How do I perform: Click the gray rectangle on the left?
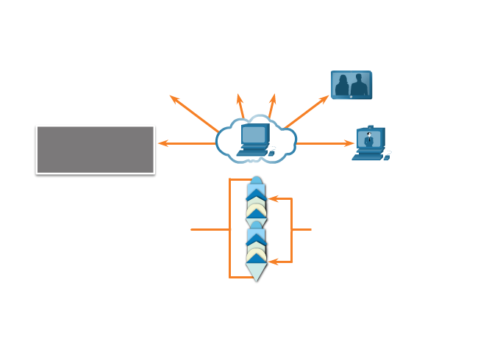[95, 149]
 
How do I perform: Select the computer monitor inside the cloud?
[254, 134]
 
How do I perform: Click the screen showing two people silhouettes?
[351, 84]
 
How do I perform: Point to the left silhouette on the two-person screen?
[343, 86]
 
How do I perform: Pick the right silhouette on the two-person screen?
[359, 86]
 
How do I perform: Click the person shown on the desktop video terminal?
[368, 139]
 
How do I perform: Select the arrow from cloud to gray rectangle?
[187, 143]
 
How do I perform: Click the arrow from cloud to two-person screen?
[307, 112]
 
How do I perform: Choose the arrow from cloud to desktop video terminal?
[325, 143]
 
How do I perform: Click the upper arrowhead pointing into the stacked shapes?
[271, 198]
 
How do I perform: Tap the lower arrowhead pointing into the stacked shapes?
[271, 262]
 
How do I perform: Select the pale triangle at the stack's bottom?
[256, 273]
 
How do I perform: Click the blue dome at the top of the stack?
[256, 181]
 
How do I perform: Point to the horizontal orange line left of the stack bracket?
[210, 229]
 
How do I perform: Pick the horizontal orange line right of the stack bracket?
[302, 229]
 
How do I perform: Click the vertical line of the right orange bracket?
[292, 229]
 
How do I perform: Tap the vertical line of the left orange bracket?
[230, 229]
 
